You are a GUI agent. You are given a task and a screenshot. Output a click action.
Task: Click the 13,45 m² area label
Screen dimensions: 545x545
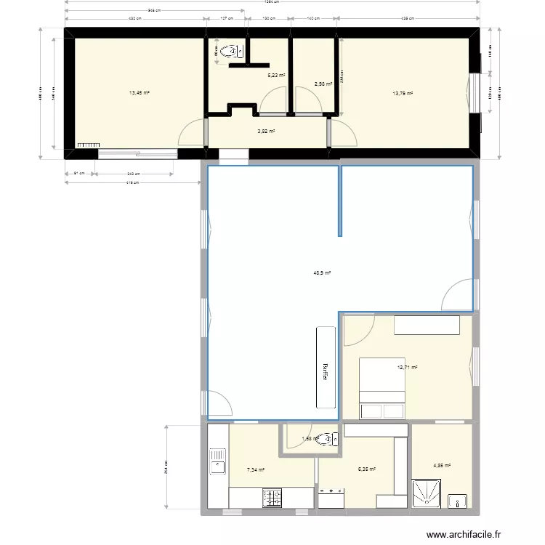click(x=140, y=93)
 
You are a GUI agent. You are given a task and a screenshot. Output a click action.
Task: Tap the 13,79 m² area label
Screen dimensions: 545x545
click(x=403, y=93)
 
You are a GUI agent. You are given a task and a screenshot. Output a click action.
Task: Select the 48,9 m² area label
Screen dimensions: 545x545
click(x=322, y=273)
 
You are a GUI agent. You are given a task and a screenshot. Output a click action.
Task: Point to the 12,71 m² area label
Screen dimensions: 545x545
click(x=408, y=368)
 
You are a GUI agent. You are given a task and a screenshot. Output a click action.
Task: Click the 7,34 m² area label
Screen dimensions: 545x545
click(x=255, y=469)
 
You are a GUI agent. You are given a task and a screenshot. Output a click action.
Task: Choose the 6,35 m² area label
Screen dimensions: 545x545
click(x=367, y=469)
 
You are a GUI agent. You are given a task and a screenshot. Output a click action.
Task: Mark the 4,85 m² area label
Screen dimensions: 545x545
click(x=443, y=466)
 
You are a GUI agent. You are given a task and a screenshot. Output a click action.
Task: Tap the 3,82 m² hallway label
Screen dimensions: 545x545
click(x=266, y=132)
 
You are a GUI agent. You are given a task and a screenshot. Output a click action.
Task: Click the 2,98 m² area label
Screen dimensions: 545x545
click(x=323, y=84)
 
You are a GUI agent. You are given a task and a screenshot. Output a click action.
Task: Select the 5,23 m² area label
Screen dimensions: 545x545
click(x=276, y=75)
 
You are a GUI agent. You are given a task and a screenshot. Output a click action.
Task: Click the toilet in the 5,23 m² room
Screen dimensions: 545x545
click(x=231, y=51)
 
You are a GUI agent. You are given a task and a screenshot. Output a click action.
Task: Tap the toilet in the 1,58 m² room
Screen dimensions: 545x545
click(x=331, y=439)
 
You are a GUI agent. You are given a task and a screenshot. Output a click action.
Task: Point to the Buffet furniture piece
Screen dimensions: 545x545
click(x=326, y=367)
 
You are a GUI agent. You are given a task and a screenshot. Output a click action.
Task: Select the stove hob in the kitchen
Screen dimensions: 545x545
click(x=272, y=498)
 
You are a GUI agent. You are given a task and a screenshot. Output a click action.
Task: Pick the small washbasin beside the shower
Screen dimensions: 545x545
click(x=458, y=501)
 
